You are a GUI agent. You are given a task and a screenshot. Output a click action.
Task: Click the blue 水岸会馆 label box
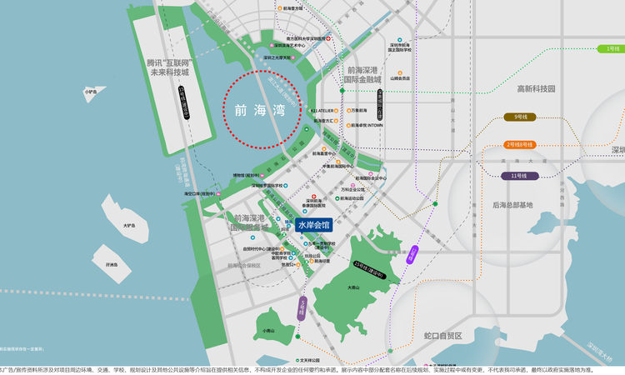pos(313,225)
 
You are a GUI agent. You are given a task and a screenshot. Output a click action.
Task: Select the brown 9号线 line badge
pos(523,117)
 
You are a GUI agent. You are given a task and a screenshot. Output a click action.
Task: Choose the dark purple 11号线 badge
pos(520,176)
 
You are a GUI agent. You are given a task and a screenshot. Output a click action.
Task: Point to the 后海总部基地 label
pos(512,204)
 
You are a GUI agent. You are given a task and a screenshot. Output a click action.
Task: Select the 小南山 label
pos(268,331)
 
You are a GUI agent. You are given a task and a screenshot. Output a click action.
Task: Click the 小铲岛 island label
pos(90,92)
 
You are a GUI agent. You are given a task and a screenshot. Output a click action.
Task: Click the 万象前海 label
pos(359,110)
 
